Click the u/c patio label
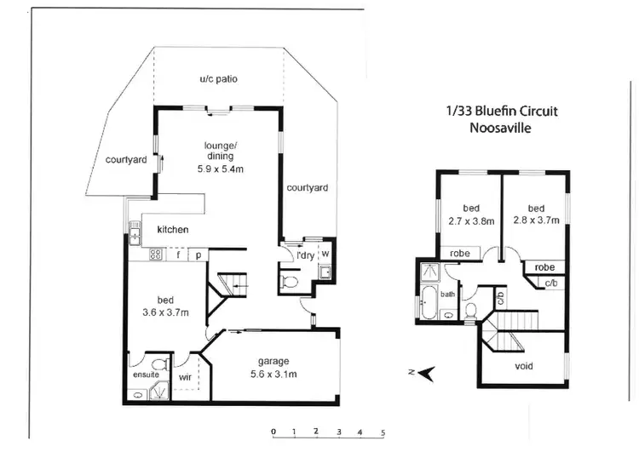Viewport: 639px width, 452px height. (218, 79)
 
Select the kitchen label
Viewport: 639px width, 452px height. (171, 230)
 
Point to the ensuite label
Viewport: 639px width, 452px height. (146, 374)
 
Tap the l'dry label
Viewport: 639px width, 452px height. (304, 255)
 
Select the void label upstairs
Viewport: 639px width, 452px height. (524, 366)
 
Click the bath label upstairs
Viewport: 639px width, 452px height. (448, 295)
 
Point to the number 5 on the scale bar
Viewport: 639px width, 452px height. (383, 432)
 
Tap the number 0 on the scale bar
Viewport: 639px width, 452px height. (273, 432)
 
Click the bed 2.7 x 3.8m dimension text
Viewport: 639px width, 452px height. (471, 220)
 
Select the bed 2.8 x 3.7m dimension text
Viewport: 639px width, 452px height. (536, 220)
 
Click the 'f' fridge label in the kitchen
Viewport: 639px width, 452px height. (178, 254)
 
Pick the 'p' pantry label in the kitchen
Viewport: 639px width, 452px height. (198, 254)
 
